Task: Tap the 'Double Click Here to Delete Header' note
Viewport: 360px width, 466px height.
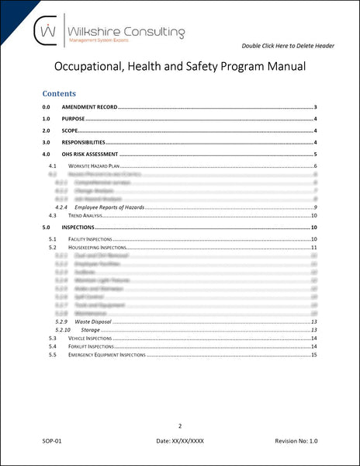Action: click(x=288, y=46)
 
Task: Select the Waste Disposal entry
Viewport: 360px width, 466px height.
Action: click(x=96, y=322)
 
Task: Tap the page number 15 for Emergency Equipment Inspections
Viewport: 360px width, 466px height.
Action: click(x=313, y=355)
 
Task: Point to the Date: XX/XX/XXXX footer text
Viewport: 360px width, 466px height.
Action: click(x=179, y=441)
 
